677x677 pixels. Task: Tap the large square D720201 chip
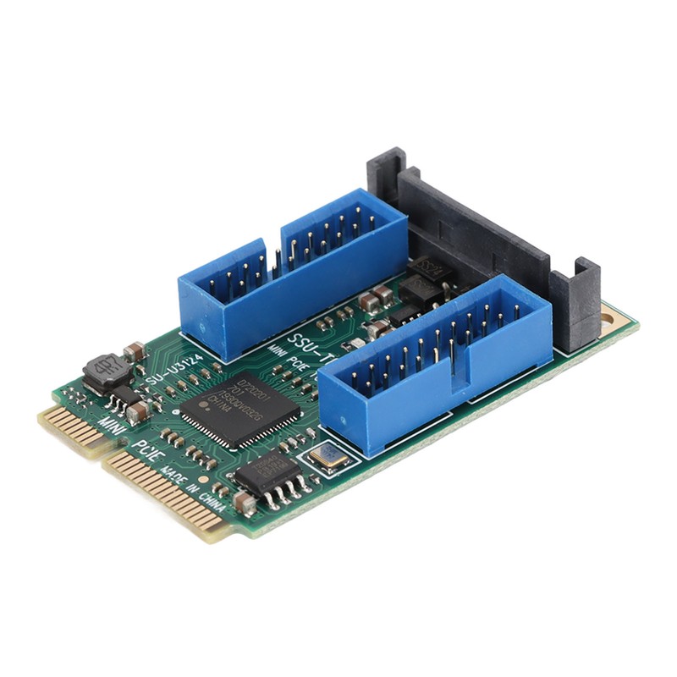tap(239, 407)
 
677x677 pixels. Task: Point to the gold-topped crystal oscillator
tap(328, 458)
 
